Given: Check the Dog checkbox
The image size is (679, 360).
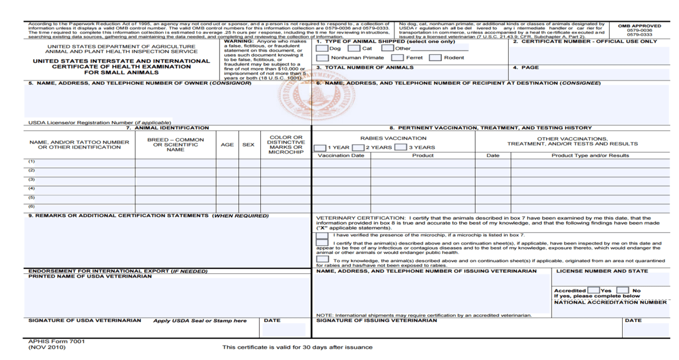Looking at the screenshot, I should [x=322, y=49].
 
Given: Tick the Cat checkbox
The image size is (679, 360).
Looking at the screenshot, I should [x=354, y=49].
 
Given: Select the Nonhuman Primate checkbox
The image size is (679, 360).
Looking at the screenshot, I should [x=323, y=58].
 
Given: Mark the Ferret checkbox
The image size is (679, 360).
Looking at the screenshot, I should [x=397, y=58].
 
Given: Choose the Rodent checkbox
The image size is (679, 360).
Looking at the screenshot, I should [x=435, y=58].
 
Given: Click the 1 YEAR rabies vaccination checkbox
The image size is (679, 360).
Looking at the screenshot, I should [x=320, y=148].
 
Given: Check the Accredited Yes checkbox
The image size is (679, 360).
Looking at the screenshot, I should [x=594, y=290].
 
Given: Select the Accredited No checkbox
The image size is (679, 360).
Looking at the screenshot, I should [x=623, y=290].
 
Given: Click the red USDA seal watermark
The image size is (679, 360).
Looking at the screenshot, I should [x=313, y=100].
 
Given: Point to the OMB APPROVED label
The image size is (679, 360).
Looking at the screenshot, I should [x=640, y=26].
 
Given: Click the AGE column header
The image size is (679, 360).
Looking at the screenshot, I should [x=227, y=145].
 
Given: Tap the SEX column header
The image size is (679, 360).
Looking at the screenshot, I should [x=248, y=145].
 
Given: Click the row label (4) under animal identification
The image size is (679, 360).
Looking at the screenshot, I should [x=31, y=188].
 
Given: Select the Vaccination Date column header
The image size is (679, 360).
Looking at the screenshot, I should [x=341, y=155].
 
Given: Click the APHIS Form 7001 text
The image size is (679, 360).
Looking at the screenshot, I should [x=57, y=341].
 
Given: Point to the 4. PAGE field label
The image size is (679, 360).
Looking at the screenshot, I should [x=525, y=67].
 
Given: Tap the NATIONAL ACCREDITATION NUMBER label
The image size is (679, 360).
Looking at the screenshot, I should [x=610, y=302].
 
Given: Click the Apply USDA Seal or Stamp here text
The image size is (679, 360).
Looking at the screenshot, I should [x=200, y=321].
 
